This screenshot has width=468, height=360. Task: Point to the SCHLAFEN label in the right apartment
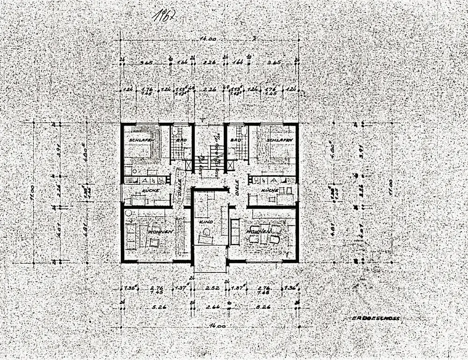pyautogui.click(x=280, y=140)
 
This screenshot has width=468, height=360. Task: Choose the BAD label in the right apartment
pyautogui.click(x=236, y=140)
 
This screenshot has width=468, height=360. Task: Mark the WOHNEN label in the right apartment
pyautogui.click(x=258, y=232)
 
